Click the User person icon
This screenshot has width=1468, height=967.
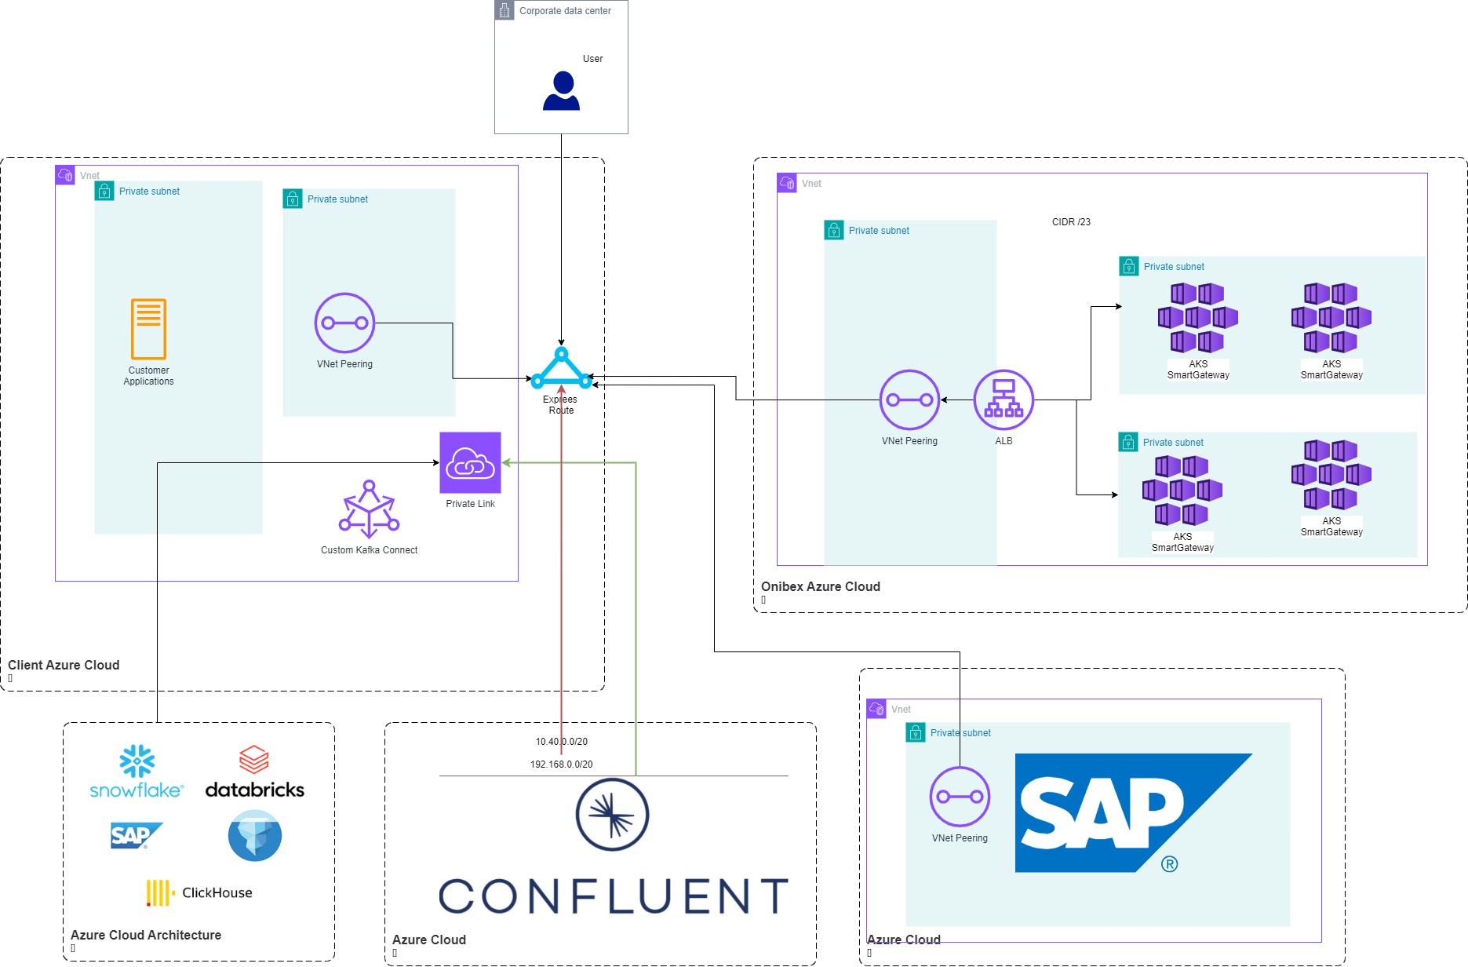point(561,91)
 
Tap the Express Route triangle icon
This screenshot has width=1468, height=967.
point(561,369)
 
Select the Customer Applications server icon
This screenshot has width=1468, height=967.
point(148,329)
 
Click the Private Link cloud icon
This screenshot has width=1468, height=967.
point(470,463)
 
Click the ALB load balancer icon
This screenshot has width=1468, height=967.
point(1004,400)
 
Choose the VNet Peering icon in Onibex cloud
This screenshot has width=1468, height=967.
point(909,400)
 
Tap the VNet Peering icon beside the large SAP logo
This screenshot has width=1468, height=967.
point(960,797)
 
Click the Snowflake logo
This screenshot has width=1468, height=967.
point(137,772)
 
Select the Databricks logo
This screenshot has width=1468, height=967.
point(254,772)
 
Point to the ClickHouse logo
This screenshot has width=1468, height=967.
point(199,893)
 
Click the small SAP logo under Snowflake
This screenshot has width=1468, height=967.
point(136,836)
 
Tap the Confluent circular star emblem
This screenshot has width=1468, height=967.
point(612,815)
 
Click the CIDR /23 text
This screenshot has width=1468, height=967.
point(1071,222)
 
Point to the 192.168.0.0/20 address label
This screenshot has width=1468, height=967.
point(561,764)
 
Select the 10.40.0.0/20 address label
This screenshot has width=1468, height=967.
point(561,742)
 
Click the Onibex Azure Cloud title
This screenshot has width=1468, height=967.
point(820,586)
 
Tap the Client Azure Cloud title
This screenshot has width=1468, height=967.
point(64,665)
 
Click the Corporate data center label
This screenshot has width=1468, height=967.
point(565,11)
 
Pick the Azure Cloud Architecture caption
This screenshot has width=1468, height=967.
point(146,935)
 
